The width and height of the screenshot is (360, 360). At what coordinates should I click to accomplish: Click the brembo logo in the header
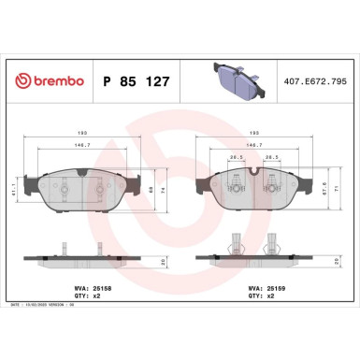click(47, 81)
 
